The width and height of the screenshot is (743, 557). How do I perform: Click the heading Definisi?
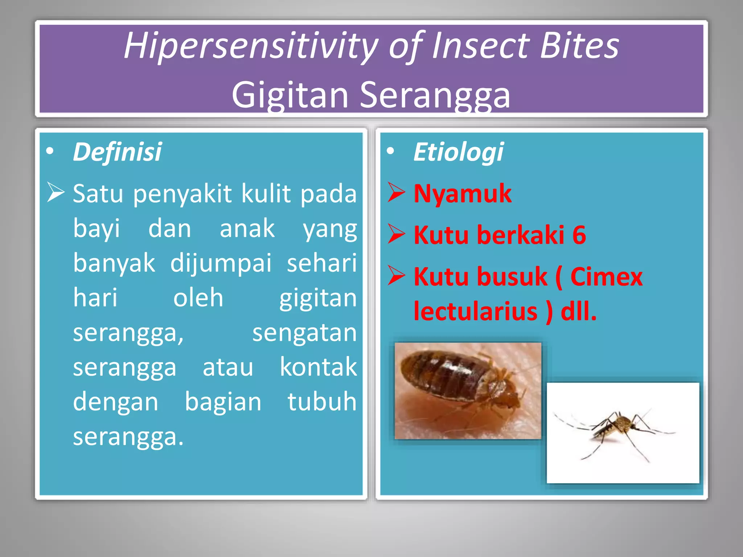[117, 152]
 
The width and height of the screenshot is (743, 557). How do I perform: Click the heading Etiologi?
[458, 152]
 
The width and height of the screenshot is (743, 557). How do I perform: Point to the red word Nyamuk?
[463, 194]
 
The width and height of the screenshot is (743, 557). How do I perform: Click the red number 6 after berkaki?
[579, 235]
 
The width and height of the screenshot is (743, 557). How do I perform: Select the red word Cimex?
[606, 277]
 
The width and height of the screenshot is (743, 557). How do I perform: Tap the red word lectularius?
[475, 311]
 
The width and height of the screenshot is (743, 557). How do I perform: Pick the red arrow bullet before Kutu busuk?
[396, 276]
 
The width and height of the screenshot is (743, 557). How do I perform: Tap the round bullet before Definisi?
[50, 152]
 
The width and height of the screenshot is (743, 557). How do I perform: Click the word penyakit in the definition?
[182, 194]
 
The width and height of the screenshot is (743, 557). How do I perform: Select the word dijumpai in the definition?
[221, 263]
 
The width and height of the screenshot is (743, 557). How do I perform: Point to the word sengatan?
[304, 333]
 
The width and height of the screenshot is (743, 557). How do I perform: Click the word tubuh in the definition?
[322, 402]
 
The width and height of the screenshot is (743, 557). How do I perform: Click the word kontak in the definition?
[318, 367]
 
